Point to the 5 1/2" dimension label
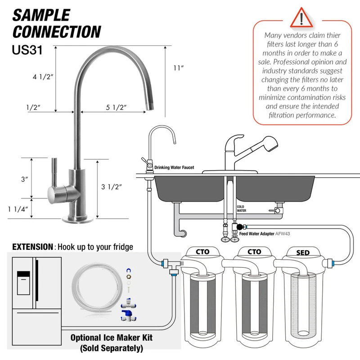pyautogui.click(x=116, y=108)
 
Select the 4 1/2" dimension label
pyautogui.click(x=43, y=77)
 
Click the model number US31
pyautogui.click(x=27, y=49)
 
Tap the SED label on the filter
pyautogui.click(x=303, y=253)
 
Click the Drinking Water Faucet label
pyautogui.click(x=174, y=167)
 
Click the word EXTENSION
pyautogui.click(x=32, y=247)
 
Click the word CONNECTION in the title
pyautogui.click(x=57, y=32)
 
